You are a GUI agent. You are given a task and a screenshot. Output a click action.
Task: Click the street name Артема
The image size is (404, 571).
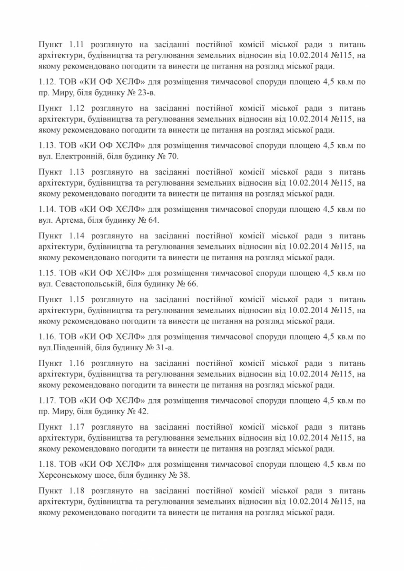[69, 220]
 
